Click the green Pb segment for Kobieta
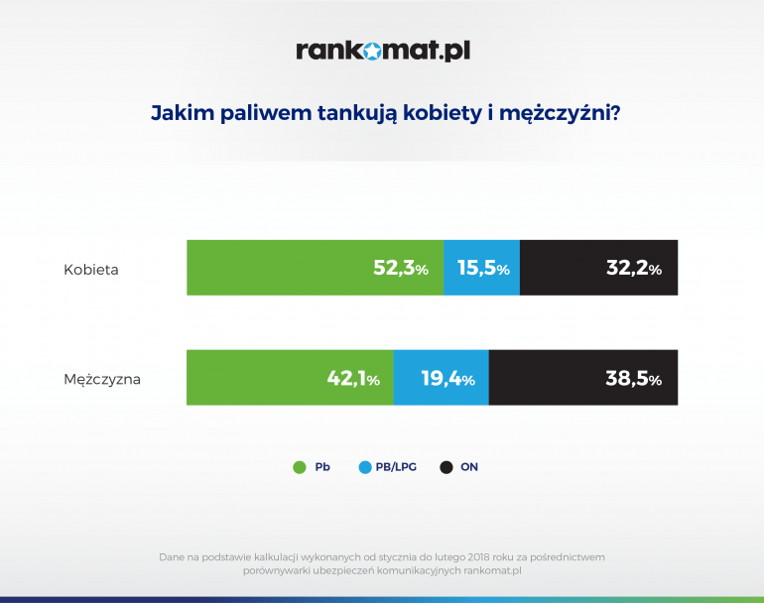pyautogui.click(x=316, y=268)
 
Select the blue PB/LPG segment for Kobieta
pyautogui.click(x=482, y=268)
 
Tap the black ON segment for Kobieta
pyautogui.click(x=599, y=268)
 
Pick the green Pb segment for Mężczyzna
pyautogui.click(x=290, y=378)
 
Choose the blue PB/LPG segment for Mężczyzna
pyautogui.click(x=442, y=378)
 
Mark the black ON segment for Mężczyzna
pyautogui.click(x=583, y=378)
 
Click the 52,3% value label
pyautogui.click(x=401, y=268)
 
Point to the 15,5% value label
pyautogui.click(x=483, y=268)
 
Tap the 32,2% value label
pyautogui.click(x=634, y=268)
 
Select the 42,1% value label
pyautogui.click(x=353, y=378)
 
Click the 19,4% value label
pyautogui.click(x=447, y=378)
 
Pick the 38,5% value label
pyautogui.click(x=633, y=378)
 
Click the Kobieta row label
pyautogui.click(x=91, y=270)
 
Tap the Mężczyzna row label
pyautogui.click(x=102, y=380)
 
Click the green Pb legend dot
pyautogui.click(x=300, y=467)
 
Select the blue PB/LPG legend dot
pyautogui.click(x=365, y=467)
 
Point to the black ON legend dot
pyautogui.click(x=446, y=467)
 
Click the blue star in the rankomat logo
pyautogui.click(x=372, y=51)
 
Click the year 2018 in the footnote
pyautogui.click(x=479, y=556)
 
